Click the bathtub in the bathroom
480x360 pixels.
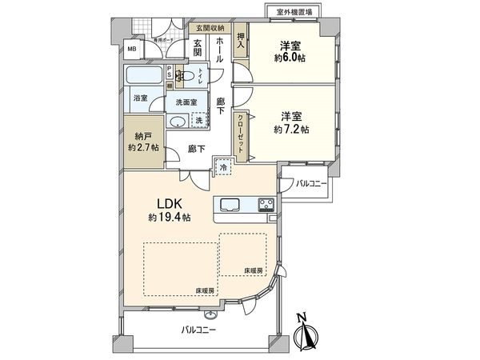click(145, 78)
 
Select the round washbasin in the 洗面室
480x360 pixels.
click(176, 122)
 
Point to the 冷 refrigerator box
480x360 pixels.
click(224, 169)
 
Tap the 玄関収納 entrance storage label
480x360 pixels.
click(206, 29)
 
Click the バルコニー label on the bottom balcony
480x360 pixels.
click(198, 329)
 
